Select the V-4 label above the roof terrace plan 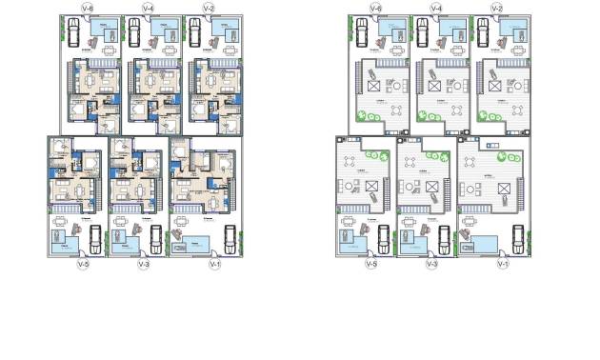click(x=435, y=8)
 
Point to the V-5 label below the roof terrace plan click(x=370, y=264)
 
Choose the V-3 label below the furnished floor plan click(x=144, y=264)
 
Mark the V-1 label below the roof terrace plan click(x=502, y=264)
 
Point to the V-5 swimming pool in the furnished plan click(x=65, y=249)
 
